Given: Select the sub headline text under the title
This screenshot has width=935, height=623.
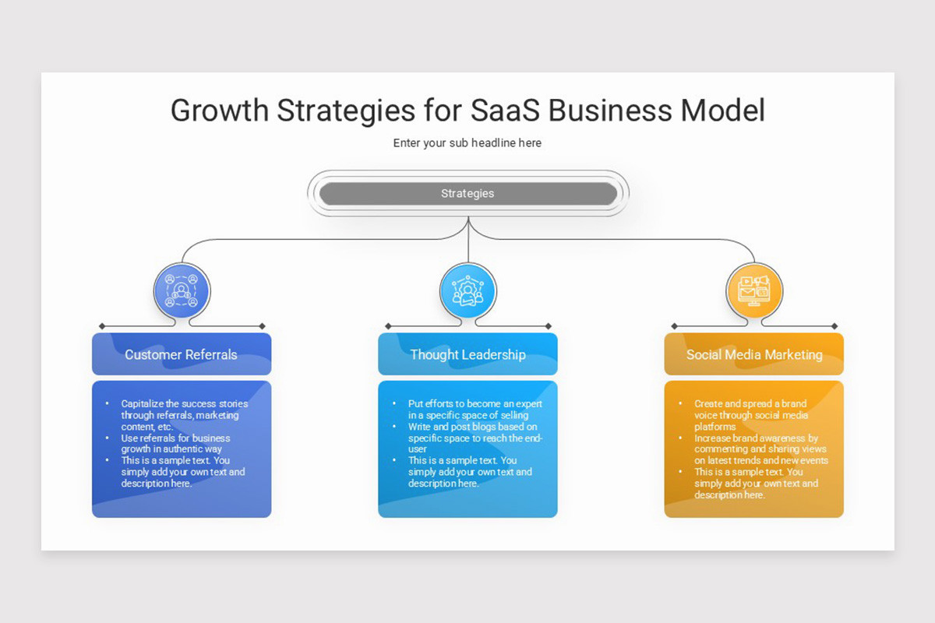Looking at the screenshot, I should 467,143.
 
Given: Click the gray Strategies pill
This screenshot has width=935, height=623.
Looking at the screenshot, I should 467,194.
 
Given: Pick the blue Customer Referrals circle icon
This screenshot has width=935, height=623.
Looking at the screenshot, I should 182,290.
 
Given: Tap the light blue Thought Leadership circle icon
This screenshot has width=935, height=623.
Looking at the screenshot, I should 467,290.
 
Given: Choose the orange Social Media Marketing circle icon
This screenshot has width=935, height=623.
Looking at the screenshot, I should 753,290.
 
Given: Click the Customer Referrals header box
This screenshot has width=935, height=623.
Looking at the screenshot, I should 182,354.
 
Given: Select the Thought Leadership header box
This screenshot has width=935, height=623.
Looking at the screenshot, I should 467,354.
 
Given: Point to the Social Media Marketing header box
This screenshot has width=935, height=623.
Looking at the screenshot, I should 753,354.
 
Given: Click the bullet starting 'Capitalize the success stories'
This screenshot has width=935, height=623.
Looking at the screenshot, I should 184,415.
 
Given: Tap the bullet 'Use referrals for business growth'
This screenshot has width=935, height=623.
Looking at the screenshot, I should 175,443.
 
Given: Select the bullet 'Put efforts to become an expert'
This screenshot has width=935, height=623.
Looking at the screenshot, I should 475,410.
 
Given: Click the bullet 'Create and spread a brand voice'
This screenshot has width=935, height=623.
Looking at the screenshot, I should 750,415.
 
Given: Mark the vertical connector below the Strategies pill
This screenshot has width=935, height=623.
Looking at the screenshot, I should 468,245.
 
